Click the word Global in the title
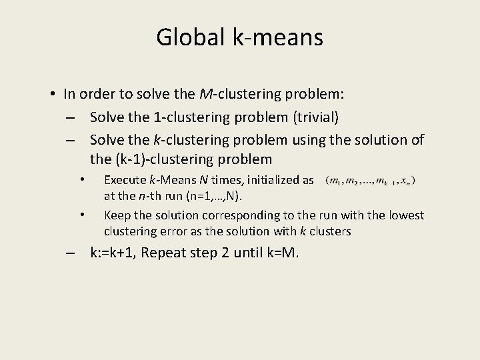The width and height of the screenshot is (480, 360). tap(186, 37)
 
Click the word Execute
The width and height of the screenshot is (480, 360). tap(125, 180)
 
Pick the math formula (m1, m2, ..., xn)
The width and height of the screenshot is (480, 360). tap(371, 180)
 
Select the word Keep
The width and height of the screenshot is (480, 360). tap(117, 215)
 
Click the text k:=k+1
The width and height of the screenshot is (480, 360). tap(114, 253)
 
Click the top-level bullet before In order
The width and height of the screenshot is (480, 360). tap(52, 94)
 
